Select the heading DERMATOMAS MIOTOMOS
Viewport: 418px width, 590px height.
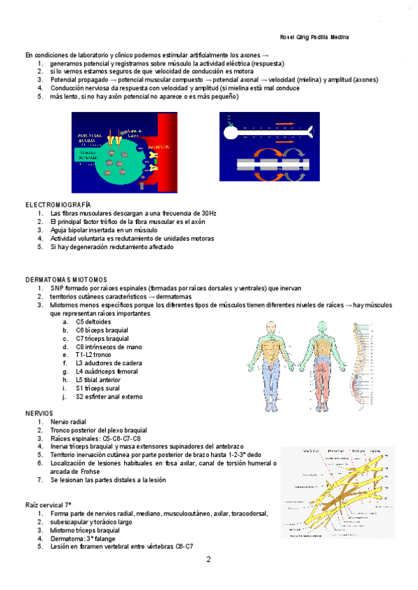tap(67, 280)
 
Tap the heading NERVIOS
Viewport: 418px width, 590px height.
tap(39, 413)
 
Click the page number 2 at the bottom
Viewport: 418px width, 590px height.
tap(208, 559)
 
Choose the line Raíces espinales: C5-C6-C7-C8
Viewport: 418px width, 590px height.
tap(95, 438)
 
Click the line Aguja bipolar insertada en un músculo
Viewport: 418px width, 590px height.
tap(104, 230)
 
